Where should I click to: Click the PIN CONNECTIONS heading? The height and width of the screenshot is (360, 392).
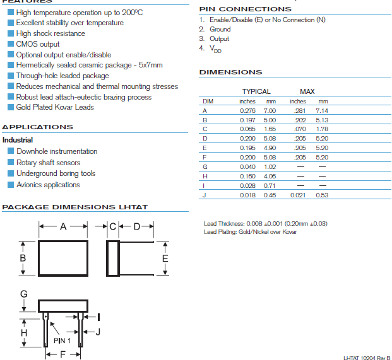coord(245,9)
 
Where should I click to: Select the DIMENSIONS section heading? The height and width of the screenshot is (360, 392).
coord(230,72)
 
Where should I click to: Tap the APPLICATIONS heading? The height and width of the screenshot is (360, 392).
coord(38,127)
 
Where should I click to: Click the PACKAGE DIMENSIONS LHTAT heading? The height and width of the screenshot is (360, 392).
coord(75,207)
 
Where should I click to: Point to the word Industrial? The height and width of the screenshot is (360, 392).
coord(18,140)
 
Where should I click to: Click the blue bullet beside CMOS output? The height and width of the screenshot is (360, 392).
coord(11,44)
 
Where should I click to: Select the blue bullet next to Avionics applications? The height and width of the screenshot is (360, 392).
coord(11,185)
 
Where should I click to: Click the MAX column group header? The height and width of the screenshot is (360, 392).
coord(307,91)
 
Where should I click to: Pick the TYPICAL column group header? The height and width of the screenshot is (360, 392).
coord(256,91)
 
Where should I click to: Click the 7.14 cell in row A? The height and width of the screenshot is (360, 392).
coord(322,110)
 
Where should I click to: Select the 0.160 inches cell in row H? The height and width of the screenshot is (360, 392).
coord(247,176)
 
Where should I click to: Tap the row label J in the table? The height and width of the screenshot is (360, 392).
coord(205,195)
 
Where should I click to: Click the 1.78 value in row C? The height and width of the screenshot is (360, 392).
coord(322,129)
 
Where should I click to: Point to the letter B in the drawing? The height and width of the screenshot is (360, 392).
coord(23,258)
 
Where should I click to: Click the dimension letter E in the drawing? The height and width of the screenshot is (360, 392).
coord(165,258)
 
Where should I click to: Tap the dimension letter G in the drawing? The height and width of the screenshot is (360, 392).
coord(23,294)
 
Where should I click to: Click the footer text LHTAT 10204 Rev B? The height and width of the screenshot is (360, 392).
coord(367,357)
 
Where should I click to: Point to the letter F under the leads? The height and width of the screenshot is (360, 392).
coord(62,355)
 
